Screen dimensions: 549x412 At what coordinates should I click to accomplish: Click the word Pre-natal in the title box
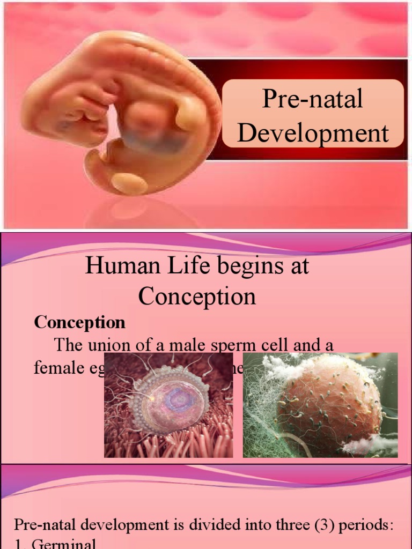[312, 100]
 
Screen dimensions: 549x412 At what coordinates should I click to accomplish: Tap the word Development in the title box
[313, 132]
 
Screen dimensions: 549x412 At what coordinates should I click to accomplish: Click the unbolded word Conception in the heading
[197, 296]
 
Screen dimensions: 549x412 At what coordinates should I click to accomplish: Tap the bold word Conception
[80, 322]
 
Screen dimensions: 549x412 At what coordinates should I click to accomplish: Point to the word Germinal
[64, 544]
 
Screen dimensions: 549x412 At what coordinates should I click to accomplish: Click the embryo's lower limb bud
[129, 184]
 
